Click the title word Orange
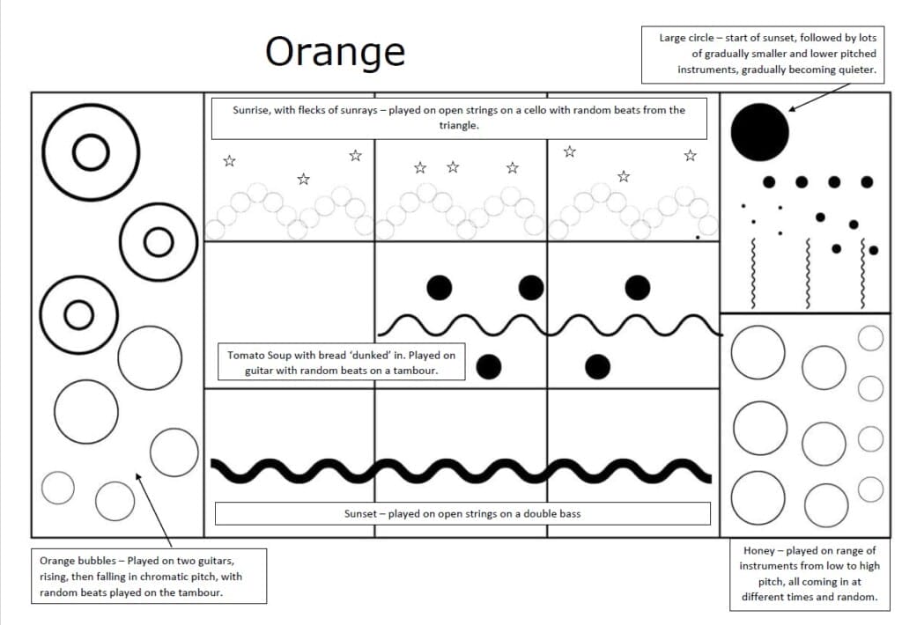(x=335, y=52)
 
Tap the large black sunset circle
(x=759, y=132)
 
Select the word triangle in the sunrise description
(x=459, y=126)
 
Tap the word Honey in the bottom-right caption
(x=759, y=551)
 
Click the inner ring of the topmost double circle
(x=90, y=153)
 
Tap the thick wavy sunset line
(x=461, y=470)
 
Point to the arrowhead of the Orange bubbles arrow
(x=137, y=476)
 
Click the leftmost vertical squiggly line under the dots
(x=754, y=273)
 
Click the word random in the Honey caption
(x=856, y=597)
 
